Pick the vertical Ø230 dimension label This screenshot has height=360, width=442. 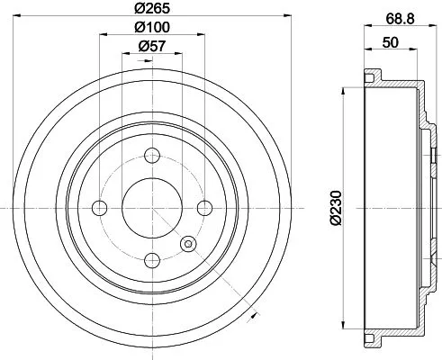[336, 207]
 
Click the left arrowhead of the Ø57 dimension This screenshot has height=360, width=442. [124, 54]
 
